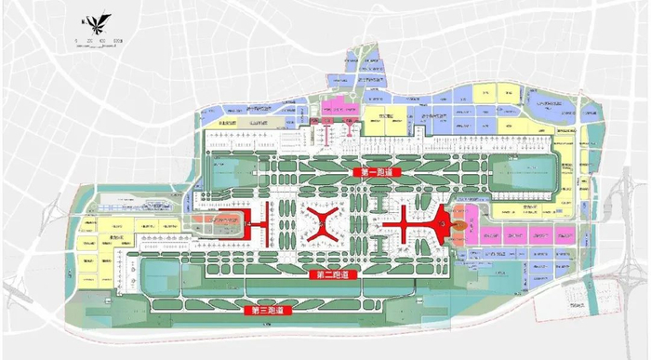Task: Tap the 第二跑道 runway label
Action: pyautogui.click(x=333, y=276)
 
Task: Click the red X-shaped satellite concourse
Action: pyautogui.click(x=326, y=224)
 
